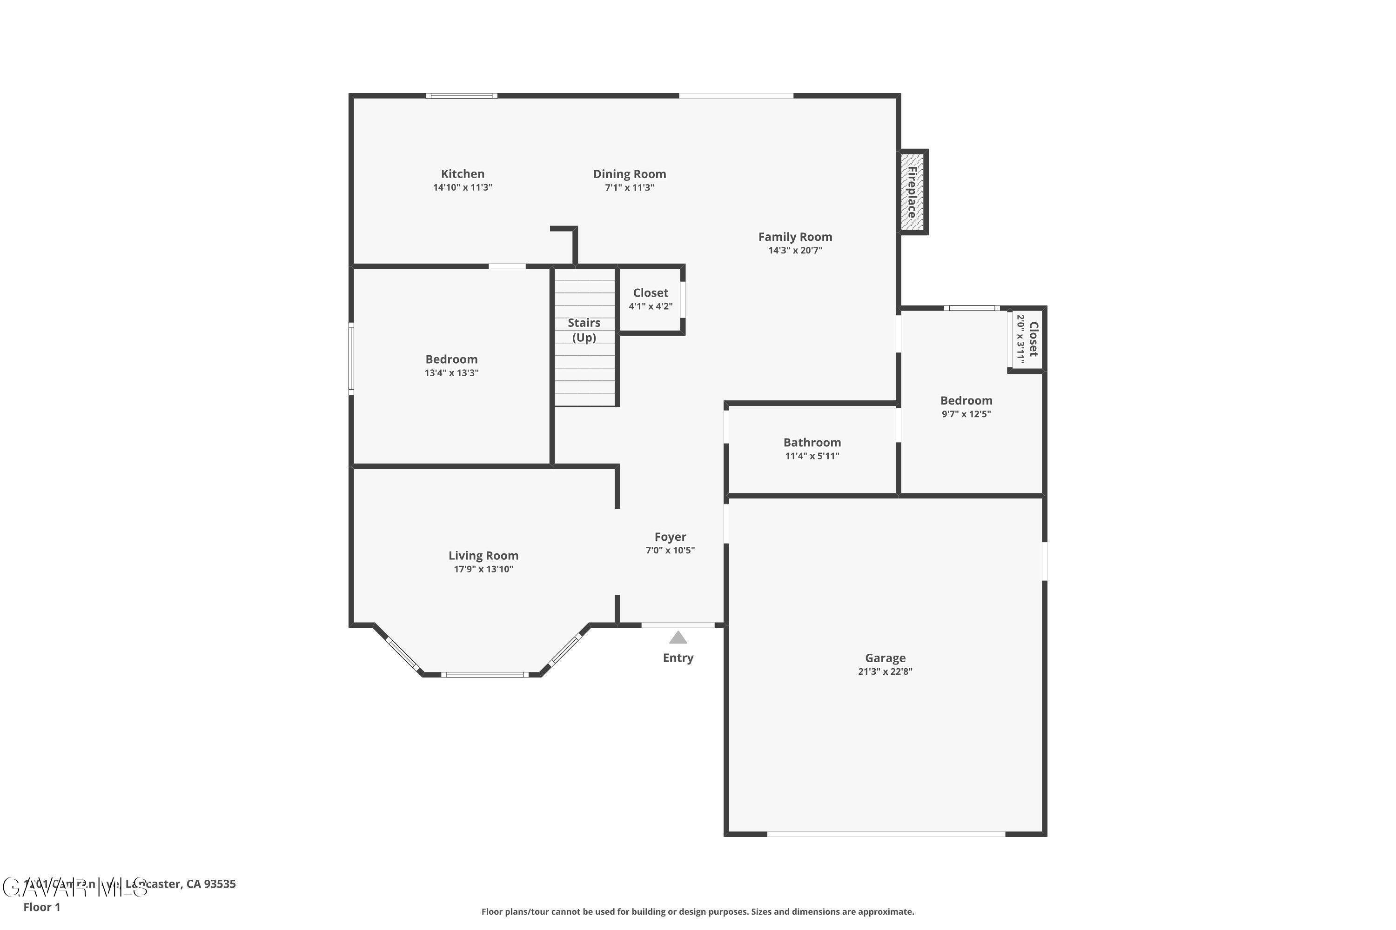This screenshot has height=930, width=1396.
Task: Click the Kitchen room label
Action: tap(463, 174)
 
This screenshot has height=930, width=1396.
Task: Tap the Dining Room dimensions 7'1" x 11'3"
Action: tap(629, 188)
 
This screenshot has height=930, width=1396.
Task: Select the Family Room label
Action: tap(795, 237)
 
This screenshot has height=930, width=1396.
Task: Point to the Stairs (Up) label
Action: tap(584, 330)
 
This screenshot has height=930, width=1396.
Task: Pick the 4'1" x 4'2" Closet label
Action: tap(651, 293)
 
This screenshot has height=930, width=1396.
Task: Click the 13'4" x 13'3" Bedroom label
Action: tap(451, 359)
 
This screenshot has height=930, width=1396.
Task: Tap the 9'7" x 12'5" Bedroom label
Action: tap(966, 401)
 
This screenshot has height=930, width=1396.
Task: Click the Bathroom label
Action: tap(812, 443)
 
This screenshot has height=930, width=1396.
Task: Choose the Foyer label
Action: tap(670, 537)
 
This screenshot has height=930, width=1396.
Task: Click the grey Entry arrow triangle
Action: tap(678, 638)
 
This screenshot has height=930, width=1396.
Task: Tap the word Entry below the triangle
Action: tap(678, 658)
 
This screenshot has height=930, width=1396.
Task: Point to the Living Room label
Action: tap(483, 556)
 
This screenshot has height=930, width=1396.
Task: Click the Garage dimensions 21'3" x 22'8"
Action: tap(885, 672)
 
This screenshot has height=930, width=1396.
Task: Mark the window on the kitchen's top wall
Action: tap(461, 95)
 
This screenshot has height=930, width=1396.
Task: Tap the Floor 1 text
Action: tap(41, 907)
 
